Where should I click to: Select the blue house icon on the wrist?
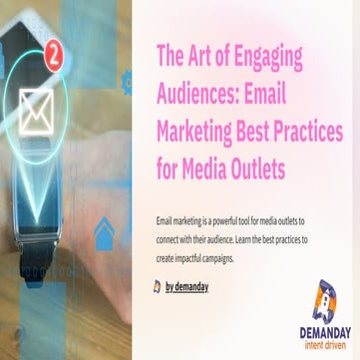(104, 234)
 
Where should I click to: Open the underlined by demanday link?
(187, 286)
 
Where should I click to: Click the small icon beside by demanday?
(158, 286)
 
